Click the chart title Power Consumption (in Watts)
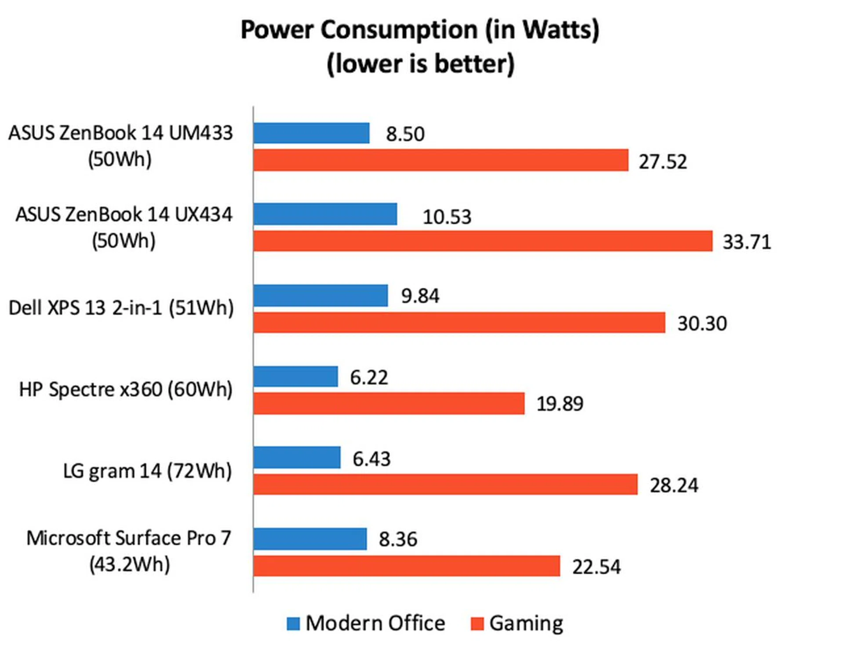pyautogui.click(x=420, y=30)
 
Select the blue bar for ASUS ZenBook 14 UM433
pyautogui.click(x=311, y=133)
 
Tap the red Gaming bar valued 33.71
pyautogui.click(x=483, y=241)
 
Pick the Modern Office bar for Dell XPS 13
pyautogui.click(x=320, y=295)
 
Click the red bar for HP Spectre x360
pyautogui.click(x=389, y=403)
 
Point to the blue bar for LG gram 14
pyautogui.click(x=297, y=458)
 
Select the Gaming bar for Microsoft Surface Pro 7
pyautogui.click(x=407, y=566)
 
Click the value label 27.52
pyautogui.click(x=662, y=162)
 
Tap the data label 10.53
pyautogui.click(x=447, y=217)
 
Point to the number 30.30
pyautogui.click(x=702, y=323)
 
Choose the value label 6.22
pyautogui.click(x=369, y=378)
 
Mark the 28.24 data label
pyautogui.click(x=674, y=485)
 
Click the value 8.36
pyautogui.click(x=398, y=539)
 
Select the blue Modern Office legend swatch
pyautogui.click(x=293, y=624)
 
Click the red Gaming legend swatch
pyautogui.click(x=477, y=624)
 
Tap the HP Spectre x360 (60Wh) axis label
pyautogui.click(x=126, y=389)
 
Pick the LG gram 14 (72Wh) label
pyautogui.click(x=147, y=471)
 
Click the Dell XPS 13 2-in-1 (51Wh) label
pyautogui.click(x=121, y=308)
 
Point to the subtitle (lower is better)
pyautogui.click(x=420, y=63)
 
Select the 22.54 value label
pyautogui.click(x=596, y=566)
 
